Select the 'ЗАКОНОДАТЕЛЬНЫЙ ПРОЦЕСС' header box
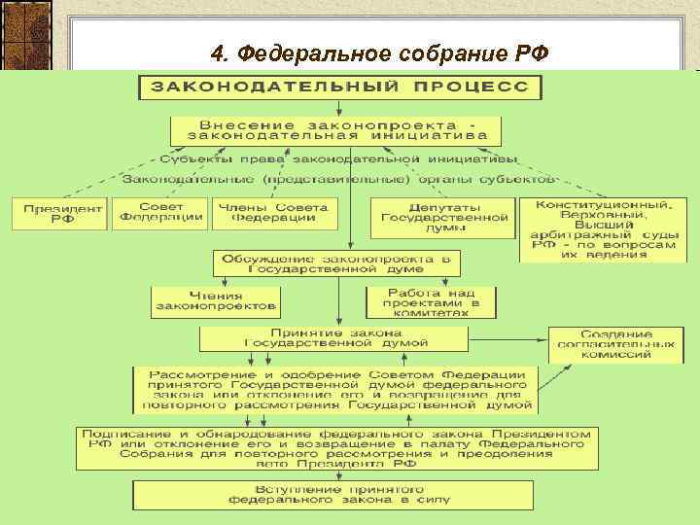click(339, 87)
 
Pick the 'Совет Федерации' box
click(159, 212)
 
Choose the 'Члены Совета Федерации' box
click(273, 213)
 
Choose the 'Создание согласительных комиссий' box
click(615, 344)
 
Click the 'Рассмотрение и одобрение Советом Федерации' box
click(336, 389)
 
